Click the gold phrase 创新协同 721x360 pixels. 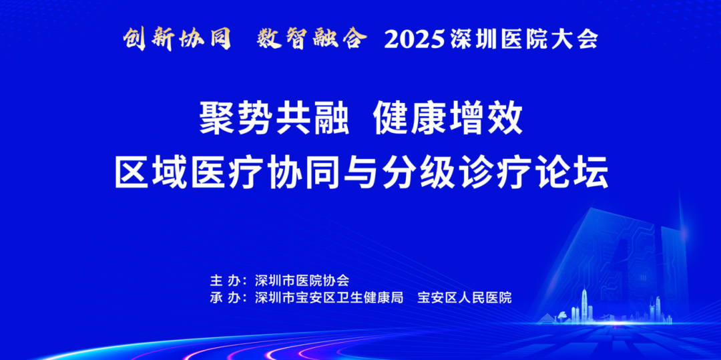(177, 39)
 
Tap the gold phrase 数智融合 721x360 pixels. (311, 39)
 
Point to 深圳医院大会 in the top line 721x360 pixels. (524, 40)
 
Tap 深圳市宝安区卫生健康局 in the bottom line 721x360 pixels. (328, 298)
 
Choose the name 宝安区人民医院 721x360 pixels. (465, 298)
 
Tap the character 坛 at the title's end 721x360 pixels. (592, 174)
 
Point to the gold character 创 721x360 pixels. (136, 39)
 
